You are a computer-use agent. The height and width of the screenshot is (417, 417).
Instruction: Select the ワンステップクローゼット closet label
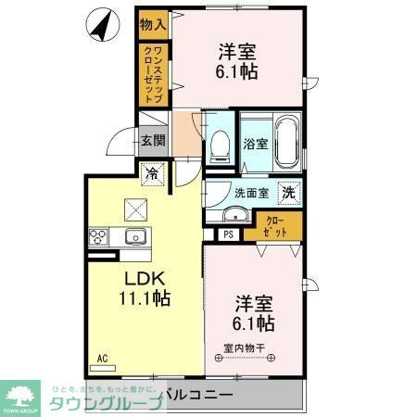coord(154,74)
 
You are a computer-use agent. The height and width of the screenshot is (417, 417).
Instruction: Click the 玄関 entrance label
coord(153,140)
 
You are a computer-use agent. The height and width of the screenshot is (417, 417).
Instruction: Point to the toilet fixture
coord(221,144)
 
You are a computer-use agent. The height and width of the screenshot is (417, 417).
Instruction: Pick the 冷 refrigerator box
coord(151,171)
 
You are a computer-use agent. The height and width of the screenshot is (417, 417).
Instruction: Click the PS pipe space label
coord(228,234)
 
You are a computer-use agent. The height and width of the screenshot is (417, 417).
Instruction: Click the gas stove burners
coord(97,236)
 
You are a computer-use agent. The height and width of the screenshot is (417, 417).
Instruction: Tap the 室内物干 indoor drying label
coord(245,348)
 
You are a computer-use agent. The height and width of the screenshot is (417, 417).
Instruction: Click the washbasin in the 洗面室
coord(234,216)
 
